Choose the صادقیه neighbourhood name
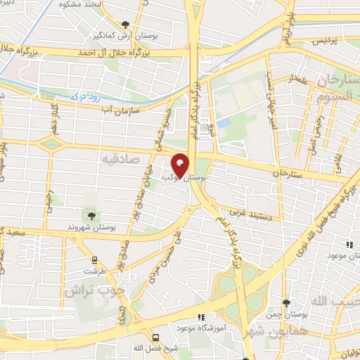[118, 160]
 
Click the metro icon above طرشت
[89, 258]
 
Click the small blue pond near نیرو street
[224, 123]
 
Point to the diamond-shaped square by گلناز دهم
[50, 144]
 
